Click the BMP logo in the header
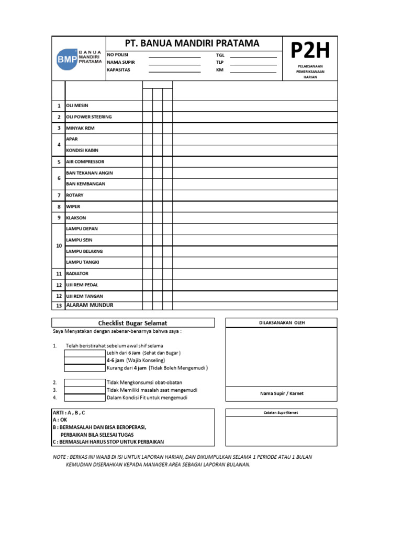pyautogui.click(x=79, y=59)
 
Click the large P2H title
pyautogui.click(x=310, y=51)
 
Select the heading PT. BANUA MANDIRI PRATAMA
pyautogui.click(x=192, y=43)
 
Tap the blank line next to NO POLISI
pyautogui.click(x=174, y=55)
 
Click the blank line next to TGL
pyautogui.click(x=253, y=55)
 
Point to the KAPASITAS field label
pyautogui.click(x=119, y=70)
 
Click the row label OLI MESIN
pyautogui.click(x=77, y=106)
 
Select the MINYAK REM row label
pyautogui.click(x=80, y=128)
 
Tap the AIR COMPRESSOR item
pyautogui.click(x=85, y=162)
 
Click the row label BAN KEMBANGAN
pyautogui.click(x=85, y=184)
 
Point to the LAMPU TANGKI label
pyautogui.click(x=82, y=262)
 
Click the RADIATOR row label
pyautogui.click(x=77, y=274)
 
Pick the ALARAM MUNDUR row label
pyautogui.click(x=90, y=306)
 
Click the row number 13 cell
pyautogui.click(x=59, y=306)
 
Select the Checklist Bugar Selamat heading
pyautogui.click(x=133, y=323)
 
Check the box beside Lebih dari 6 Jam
pyautogui.click(x=84, y=353)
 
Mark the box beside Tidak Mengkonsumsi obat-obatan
pyautogui.click(x=84, y=382)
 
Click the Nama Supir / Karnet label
pyautogui.click(x=281, y=393)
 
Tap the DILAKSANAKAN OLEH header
pyautogui.click(x=282, y=323)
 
